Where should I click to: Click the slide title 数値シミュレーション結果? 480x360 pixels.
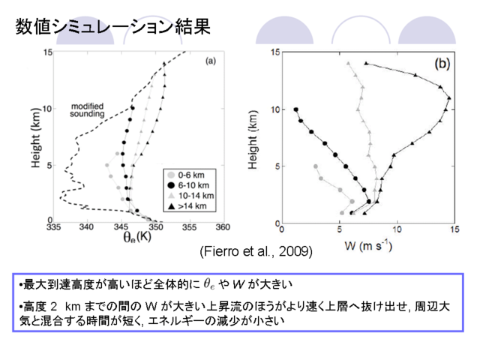(x=113, y=26)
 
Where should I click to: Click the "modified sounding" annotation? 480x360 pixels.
(x=87, y=110)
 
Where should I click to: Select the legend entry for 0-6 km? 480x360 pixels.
(x=186, y=175)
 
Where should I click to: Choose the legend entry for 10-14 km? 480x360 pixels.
(x=191, y=196)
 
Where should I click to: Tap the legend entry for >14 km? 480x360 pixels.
(x=187, y=206)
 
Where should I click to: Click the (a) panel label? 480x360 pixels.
(x=211, y=61)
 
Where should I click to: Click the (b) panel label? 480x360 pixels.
(x=442, y=64)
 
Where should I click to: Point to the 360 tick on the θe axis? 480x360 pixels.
(x=223, y=227)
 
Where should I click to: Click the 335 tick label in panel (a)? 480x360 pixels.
(x=53, y=227)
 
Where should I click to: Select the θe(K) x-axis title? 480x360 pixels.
(x=137, y=237)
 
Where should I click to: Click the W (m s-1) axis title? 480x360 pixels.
(x=368, y=246)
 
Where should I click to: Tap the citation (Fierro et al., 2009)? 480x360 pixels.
(x=256, y=252)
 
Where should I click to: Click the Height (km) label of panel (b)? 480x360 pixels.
(x=253, y=139)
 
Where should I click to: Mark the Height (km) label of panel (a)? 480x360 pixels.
(x=36, y=138)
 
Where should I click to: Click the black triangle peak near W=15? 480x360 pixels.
(x=449, y=98)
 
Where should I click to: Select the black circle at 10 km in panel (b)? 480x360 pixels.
(x=295, y=109)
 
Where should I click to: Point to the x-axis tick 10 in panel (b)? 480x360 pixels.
(x=397, y=229)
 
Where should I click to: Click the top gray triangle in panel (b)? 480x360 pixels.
(x=348, y=64)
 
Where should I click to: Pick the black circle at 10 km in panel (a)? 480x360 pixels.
(x=133, y=108)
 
